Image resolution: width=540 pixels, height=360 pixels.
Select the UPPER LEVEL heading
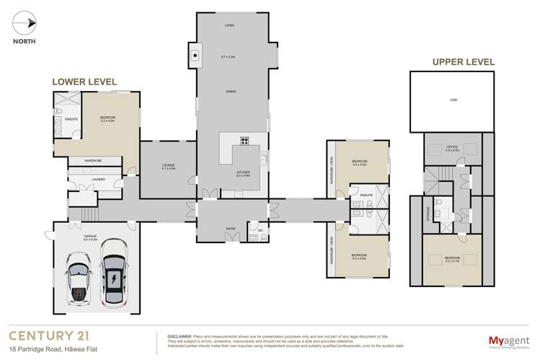click(463, 62)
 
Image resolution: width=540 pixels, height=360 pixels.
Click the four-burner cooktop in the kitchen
click(244, 141)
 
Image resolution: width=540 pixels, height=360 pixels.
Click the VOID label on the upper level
click(452, 100)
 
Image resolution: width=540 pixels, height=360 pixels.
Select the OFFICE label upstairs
click(452, 146)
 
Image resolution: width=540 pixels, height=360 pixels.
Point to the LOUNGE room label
click(169, 165)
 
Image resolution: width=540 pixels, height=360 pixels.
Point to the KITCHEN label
click(244, 172)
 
